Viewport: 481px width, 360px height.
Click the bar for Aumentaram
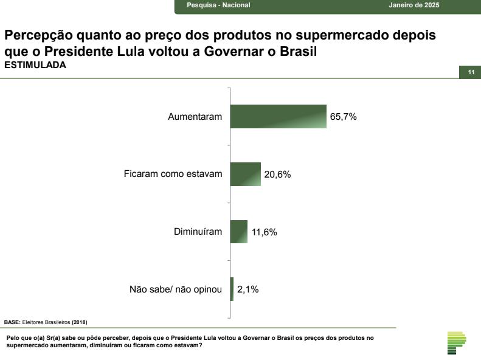coord(279,116)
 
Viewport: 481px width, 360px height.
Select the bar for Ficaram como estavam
coord(245,174)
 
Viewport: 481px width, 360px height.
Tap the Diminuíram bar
coord(239,232)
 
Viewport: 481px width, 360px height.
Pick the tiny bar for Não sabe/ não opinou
coord(232,289)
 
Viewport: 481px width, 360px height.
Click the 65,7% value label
coord(343,117)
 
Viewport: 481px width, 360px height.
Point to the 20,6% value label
coord(277,175)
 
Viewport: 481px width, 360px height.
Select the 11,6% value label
coord(264,232)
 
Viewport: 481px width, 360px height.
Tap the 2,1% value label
coord(248,290)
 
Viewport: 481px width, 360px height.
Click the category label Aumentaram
coord(195,117)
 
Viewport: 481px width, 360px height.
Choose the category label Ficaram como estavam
coord(173,175)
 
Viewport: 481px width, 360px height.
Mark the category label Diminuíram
coord(198,232)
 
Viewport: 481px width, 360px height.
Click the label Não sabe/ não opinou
coord(176,290)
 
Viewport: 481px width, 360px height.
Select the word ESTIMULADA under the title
coord(35,65)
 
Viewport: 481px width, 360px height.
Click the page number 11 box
coord(470,72)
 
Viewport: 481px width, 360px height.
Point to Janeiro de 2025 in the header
coord(414,5)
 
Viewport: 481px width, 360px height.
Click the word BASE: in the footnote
coord(12,322)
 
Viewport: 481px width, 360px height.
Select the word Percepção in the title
coord(36,35)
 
